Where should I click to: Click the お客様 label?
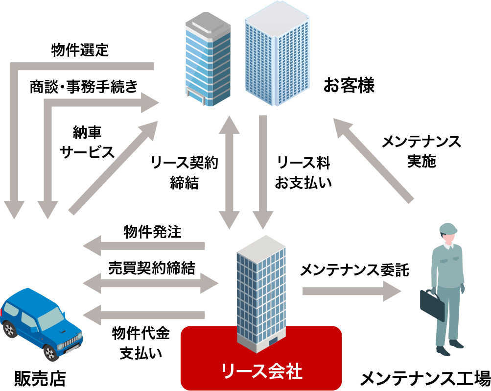click(x=349, y=86)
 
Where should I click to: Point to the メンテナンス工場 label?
click(x=425, y=378)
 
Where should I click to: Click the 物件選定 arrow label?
click(x=79, y=50)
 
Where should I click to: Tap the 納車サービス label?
click(x=87, y=142)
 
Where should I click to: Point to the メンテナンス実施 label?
click(x=421, y=151)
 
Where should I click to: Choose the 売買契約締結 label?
click(x=152, y=268)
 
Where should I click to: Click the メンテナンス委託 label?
click(x=354, y=270)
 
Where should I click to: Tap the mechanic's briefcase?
click(x=432, y=306)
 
